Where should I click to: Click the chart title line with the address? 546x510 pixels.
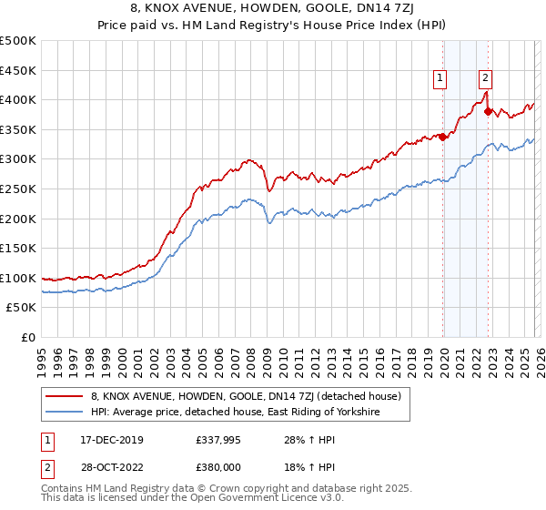(273, 10)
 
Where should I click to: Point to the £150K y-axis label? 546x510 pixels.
(17, 248)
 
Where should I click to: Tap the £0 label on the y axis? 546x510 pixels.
(28, 337)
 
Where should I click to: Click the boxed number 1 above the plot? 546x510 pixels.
(440, 79)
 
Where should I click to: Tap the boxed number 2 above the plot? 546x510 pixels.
(486, 79)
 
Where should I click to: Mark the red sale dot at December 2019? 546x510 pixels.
(443, 137)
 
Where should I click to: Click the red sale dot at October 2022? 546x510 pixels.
(489, 112)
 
